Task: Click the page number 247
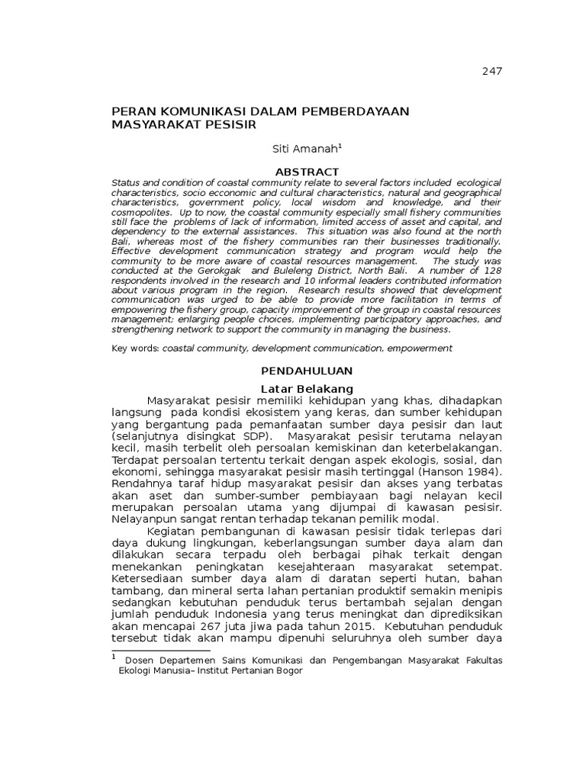(x=492, y=72)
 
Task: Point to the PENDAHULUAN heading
(x=307, y=371)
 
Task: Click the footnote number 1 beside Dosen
(x=114, y=656)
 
